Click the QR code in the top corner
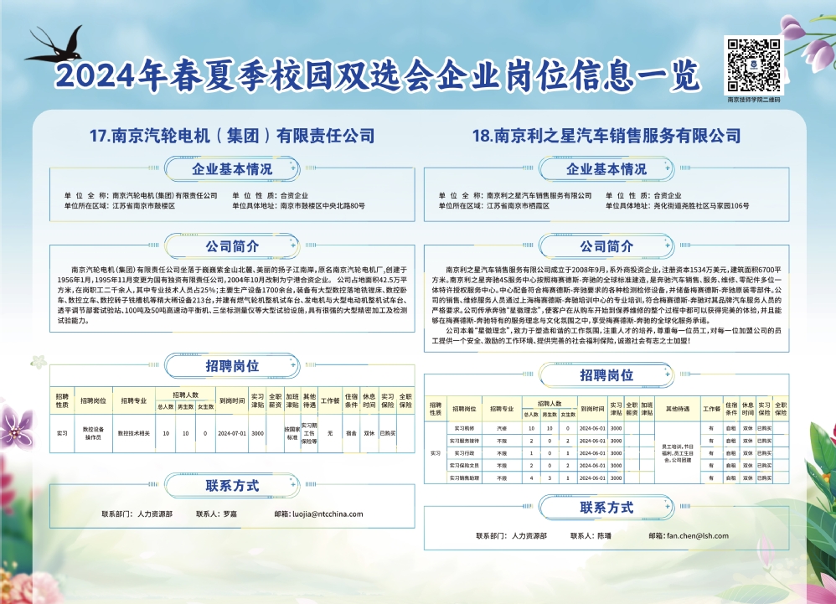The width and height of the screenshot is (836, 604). (753, 65)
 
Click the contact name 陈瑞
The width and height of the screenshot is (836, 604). (605, 535)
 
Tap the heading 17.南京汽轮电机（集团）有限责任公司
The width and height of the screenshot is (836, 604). (231, 136)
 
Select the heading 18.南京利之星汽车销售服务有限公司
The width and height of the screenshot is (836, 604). (606, 136)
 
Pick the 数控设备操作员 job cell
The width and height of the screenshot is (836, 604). (93, 434)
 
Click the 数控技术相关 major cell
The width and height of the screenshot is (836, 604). (133, 434)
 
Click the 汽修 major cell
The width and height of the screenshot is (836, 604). (502, 428)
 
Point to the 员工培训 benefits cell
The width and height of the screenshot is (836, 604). (678, 452)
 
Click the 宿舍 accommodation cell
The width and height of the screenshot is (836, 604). (351, 434)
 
